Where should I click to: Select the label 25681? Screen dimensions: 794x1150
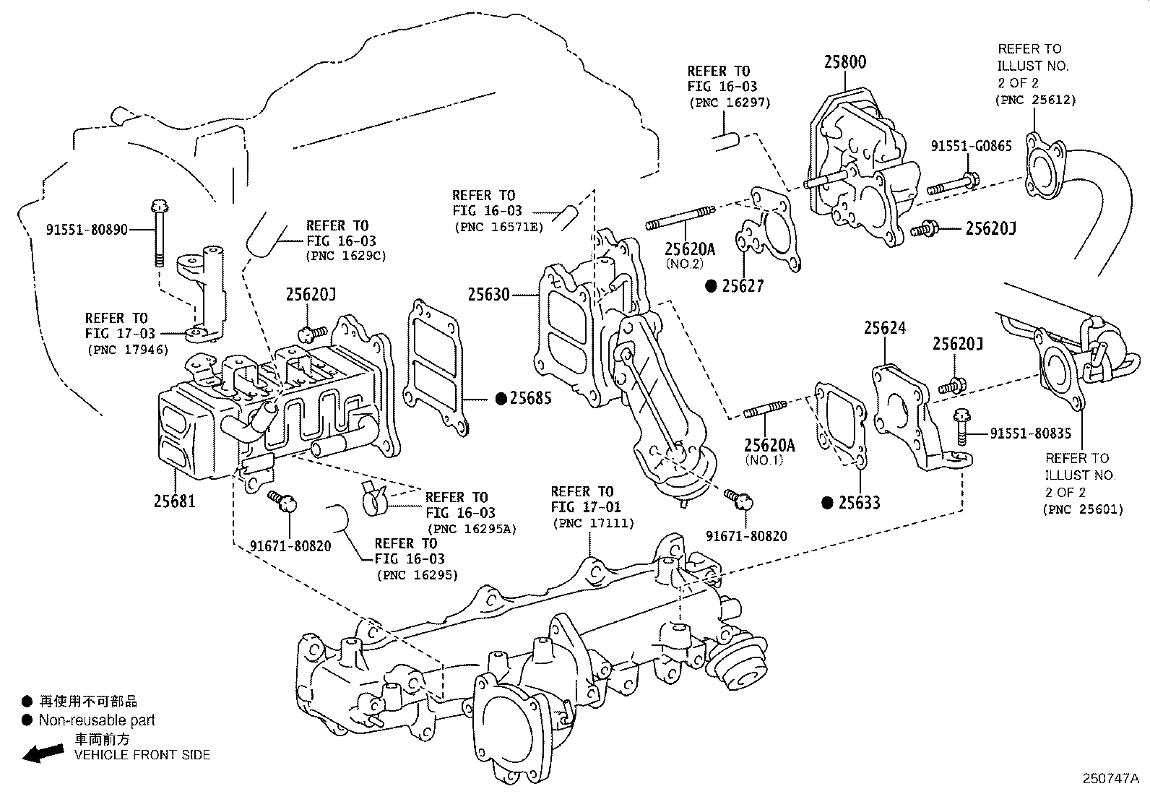click(x=174, y=500)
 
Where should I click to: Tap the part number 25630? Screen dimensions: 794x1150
click(x=488, y=295)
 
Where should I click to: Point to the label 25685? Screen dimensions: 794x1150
click(x=531, y=398)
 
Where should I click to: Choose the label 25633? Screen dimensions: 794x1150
click(x=859, y=502)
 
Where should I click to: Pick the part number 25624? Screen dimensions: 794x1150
click(x=885, y=328)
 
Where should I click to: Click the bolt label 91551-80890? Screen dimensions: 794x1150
click(x=87, y=230)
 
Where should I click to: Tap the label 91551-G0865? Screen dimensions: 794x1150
click(x=971, y=146)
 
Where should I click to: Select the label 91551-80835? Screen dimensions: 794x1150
click(x=1030, y=433)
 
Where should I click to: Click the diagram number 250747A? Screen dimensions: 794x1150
click(x=1110, y=779)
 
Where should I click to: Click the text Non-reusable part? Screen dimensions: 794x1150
click(x=97, y=720)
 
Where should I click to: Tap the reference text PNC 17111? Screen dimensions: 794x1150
click(x=592, y=523)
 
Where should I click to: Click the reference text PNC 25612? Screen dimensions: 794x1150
click(x=1035, y=100)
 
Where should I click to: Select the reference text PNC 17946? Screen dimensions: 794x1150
click(x=127, y=350)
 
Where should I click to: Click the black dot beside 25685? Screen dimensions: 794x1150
click(x=500, y=398)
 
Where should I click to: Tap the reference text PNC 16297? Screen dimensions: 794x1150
click(x=730, y=103)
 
